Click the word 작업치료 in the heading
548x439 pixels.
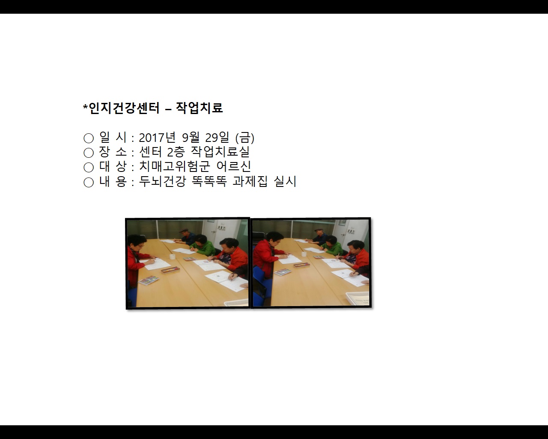point(199,108)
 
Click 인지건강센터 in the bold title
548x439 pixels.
point(124,108)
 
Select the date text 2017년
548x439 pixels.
point(157,138)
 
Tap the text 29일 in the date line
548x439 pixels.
point(217,138)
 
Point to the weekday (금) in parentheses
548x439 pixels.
point(245,138)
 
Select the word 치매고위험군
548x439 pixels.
point(174,167)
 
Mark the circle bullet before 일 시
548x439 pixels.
point(89,138)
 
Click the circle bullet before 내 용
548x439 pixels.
point(89,182)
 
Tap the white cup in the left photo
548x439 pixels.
point(172,257)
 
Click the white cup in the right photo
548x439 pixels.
point(304,254)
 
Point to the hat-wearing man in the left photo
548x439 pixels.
point(186,236)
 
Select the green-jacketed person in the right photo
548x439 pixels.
point(333,245)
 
